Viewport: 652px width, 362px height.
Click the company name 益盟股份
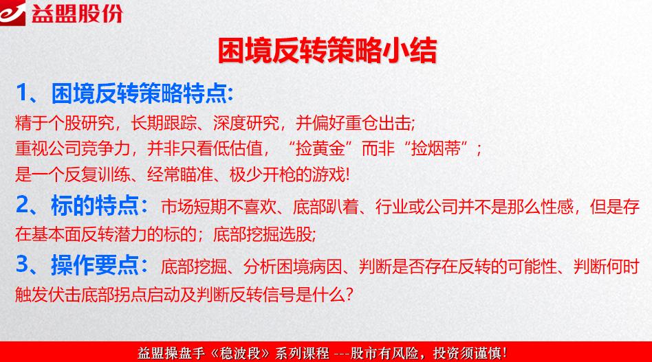coord(76,13)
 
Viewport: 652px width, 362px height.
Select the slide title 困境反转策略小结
coord(327,50)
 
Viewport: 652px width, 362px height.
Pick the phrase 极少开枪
coord(262,174)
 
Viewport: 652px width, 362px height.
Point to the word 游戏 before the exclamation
coord(332,174)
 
